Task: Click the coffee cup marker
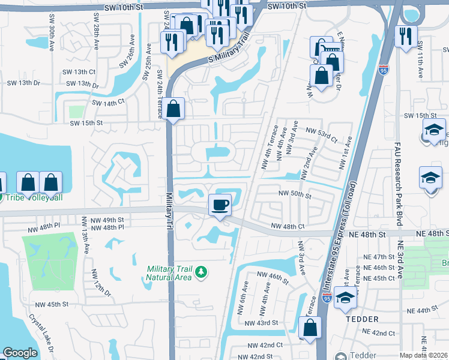[x=220, y=205]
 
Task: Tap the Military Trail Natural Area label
[x=169, y=272]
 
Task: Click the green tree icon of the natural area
[x=202, y=272]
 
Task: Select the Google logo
[x=20, y=353]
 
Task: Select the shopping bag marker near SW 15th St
[x=173, y=109]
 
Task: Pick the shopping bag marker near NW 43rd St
[x=310, y=328]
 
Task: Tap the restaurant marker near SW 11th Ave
[x=406, y=35]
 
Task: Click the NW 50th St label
[x=294, y=196]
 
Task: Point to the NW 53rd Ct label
[x=321, y=130]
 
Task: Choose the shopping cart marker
[x=321, y=47]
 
